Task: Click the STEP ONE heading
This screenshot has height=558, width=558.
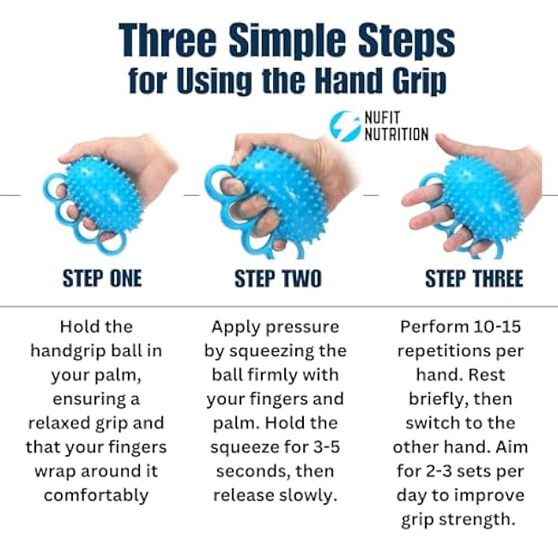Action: point(102,279)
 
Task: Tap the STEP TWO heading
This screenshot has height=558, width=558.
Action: point(278,279)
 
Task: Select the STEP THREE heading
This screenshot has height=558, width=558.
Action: point(473,279)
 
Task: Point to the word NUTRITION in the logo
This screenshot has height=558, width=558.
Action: point(397,135)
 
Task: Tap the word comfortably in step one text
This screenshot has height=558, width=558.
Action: point(96,495)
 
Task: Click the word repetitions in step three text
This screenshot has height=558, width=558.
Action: point(449,351)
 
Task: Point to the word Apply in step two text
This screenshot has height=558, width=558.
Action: point(236,327)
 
